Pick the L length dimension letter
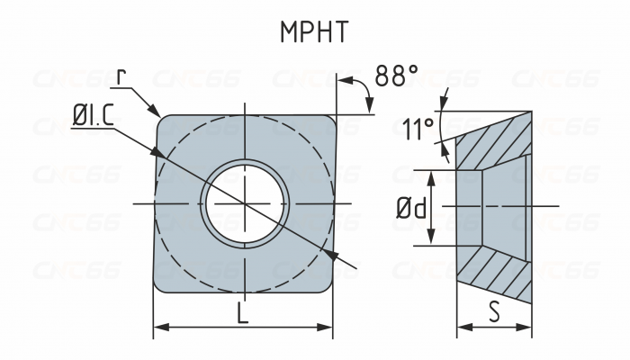pos(243,314)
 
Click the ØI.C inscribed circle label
pos(92,114)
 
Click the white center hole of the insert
pos(246,203)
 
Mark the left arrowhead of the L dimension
pos(159,328)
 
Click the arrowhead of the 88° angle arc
pos(370,109)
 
